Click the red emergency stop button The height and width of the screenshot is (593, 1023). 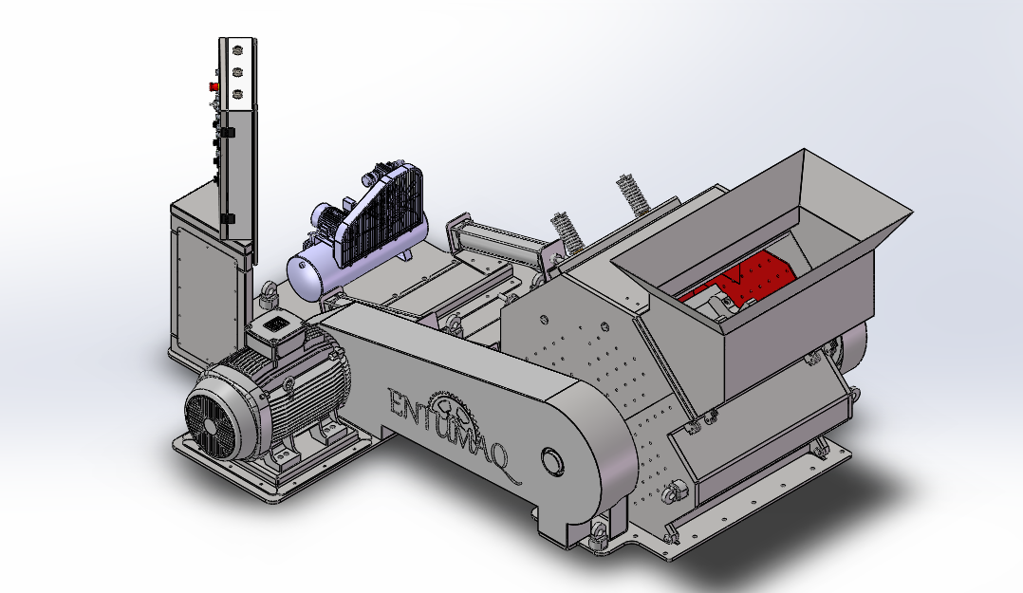(x=214, y=86)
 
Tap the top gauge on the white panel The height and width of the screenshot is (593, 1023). (x=237, y=49)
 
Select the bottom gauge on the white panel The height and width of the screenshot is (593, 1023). (x=237, y=94)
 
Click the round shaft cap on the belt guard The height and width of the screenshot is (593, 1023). (x=552, y=461)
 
